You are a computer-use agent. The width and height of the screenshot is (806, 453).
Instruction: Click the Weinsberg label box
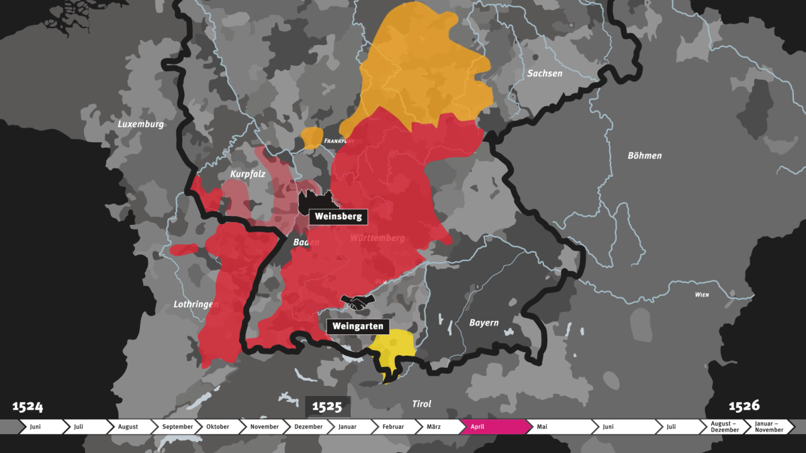click(x=338, y=217)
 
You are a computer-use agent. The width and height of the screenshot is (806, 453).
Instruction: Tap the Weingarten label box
click(x=358, y=327)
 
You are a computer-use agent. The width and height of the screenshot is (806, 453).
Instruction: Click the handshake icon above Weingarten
click(x=358, y=302)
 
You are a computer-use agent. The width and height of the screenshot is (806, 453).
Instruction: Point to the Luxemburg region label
click(x=140, y=124)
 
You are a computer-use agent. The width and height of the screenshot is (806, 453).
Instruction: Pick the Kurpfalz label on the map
click(x=248, y=174)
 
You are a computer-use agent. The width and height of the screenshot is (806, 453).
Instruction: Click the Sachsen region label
click(x=544, y=73)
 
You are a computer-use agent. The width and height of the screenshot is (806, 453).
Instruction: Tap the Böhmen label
click(x=644, y=156)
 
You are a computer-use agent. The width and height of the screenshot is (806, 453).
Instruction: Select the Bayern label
click(x=484, y=323)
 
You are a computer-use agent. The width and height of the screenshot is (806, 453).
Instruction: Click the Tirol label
click(x=421, y=404)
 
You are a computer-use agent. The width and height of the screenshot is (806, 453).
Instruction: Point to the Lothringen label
click(x=196, y=304)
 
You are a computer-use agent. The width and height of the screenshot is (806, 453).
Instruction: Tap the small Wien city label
click(x=702, y=295)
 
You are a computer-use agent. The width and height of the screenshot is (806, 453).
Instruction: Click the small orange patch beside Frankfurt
click(x=312, y=138)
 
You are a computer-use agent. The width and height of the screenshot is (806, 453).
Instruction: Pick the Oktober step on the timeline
click(x=218, y=427)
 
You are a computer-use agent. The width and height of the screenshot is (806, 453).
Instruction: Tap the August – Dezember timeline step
click(x=724, y=427)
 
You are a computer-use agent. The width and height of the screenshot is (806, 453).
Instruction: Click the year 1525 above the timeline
click(x=328, y=407)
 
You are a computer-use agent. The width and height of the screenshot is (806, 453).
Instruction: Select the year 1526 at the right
click(x=744, y=405)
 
